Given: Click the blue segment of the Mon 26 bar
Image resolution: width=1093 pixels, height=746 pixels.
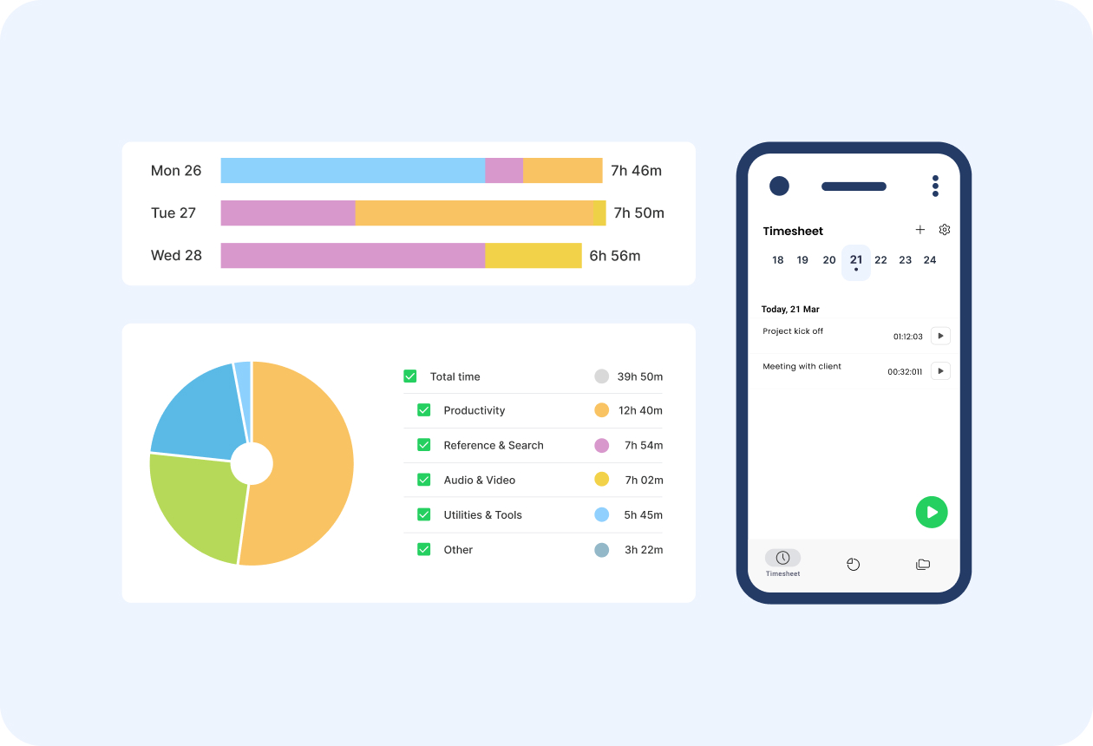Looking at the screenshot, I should [352, 171].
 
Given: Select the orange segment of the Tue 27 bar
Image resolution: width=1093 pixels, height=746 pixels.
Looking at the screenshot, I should [474, 213].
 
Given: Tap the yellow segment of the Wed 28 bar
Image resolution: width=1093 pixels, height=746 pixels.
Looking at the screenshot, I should [533, 256].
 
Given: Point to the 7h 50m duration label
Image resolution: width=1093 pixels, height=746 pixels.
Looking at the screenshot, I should [638, 213].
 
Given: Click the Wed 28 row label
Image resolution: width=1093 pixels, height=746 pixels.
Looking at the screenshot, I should [176, 256].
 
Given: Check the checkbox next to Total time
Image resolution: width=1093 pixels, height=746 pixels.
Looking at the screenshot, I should [410, 376].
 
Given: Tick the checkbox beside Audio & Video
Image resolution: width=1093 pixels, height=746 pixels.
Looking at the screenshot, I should [424, 480].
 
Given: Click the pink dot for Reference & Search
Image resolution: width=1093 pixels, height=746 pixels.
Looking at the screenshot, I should [601, 445].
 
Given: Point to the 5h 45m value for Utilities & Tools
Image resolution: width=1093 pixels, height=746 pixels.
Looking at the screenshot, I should [643, 515].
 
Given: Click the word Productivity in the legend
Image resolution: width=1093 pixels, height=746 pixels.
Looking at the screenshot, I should [474, 410].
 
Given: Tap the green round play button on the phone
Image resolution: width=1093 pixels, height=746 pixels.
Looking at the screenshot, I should [932, 513].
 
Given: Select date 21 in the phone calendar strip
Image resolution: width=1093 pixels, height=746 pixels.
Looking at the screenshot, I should [856, 261].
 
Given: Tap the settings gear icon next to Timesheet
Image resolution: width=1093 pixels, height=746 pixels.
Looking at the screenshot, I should [945, 230].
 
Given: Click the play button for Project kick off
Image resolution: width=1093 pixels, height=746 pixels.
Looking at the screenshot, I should [940, 336].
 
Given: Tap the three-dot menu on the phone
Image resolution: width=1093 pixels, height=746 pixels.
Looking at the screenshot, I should [935, 186].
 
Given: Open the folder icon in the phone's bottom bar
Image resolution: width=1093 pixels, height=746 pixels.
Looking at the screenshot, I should [923, 565].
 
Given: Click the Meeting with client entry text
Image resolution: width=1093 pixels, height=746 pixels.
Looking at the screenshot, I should [802, 367].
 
